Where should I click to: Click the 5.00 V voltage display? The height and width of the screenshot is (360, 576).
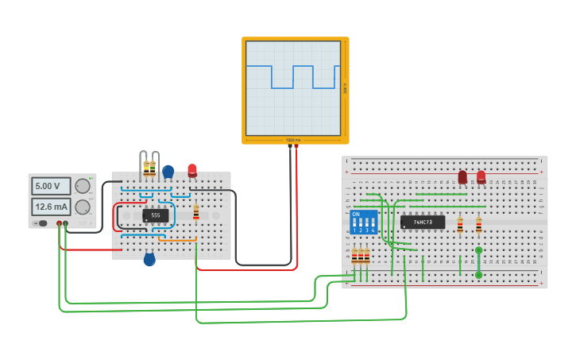point(51,186)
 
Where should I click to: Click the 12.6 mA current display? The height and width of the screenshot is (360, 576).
point(51,207)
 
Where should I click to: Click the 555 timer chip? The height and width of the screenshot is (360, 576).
point(156,215)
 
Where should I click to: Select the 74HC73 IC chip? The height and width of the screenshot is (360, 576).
point(423,222)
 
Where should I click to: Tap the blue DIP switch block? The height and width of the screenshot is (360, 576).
point(364,222)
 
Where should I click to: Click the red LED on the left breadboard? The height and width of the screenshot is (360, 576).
point(192,169)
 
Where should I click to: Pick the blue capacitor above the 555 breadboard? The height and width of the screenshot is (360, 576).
point(168,170)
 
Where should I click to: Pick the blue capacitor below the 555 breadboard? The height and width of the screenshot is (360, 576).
point(149,259)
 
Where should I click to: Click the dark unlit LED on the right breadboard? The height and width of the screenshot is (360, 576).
point(462,177)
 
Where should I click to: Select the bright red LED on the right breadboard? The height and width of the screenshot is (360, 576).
point(481,177)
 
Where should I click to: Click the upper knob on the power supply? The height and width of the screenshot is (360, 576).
point(82,186)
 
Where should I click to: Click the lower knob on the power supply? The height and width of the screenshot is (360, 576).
point(82,207)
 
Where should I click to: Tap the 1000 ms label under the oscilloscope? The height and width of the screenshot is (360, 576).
point(293,140)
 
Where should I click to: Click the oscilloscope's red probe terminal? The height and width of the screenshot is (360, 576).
point(296,147)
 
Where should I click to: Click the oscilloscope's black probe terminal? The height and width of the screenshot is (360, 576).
point(290,147)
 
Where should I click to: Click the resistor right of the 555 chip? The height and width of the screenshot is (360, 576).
point(196,212)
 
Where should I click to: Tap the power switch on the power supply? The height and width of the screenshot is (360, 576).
point(43,223)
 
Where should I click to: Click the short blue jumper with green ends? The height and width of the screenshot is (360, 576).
point(478,262)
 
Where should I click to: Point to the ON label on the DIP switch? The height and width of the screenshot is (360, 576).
point(355,214)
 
